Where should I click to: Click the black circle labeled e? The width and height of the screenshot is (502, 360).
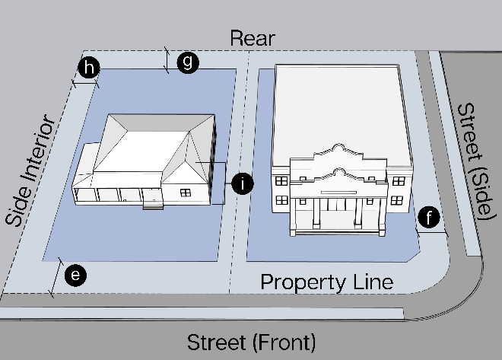(x=74, y=276)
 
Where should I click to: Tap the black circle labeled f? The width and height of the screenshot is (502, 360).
(x=431, y=219)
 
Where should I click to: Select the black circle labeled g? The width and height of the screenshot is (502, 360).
(x=187, y=63)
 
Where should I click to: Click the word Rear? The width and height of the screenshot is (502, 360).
(x=252, y=39)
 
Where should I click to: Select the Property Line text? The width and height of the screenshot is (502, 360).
(x=326, y=282)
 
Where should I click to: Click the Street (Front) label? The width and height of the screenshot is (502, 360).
(x=251, y=340)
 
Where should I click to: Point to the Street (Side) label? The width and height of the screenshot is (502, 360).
(x=472, y=160)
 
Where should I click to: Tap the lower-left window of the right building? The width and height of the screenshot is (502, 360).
(x=281, y=200)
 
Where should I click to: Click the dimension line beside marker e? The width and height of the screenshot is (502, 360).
(x=56, y=277)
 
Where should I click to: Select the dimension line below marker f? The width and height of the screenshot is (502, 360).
(x=434, y=234)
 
